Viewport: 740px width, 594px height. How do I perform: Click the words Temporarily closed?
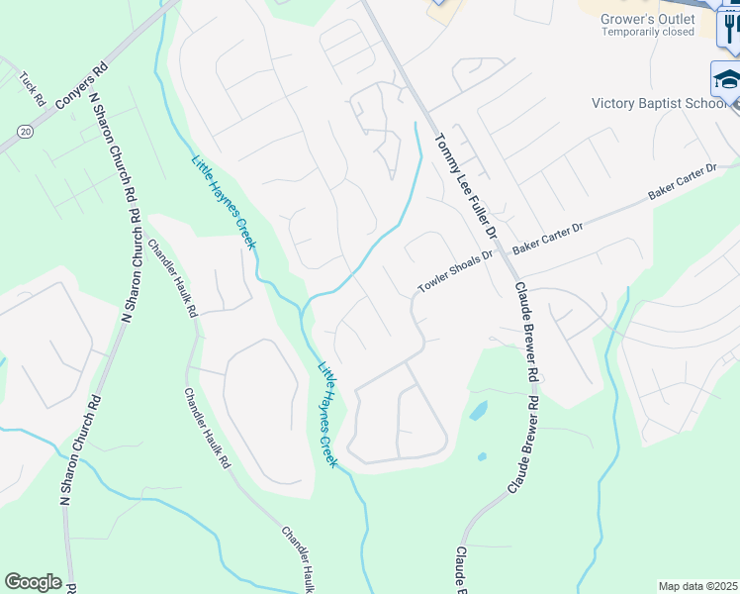coord(648,32)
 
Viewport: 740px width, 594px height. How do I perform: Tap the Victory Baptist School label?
coord(659,103)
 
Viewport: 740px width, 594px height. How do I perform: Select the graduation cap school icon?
coord(726,78)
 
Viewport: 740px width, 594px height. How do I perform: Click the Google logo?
coord(33,582)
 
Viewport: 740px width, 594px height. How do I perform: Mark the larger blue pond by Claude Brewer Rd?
coord(478,409)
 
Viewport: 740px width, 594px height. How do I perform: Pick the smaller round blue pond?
coord(482,456)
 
